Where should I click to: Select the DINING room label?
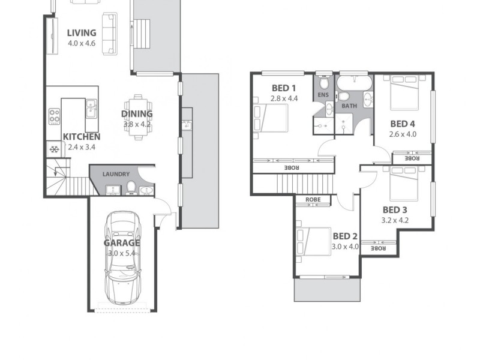(x=137, y=113)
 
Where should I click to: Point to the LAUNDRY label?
(x=116, y=174)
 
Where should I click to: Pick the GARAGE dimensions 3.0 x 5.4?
(x=122, y=253)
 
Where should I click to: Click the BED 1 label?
(x=283, y=87)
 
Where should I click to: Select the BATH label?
(x=349, y=106)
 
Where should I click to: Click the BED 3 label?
(x=395, y=209)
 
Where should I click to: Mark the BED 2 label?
(x=345, y=236)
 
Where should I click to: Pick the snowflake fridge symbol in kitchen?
(x=53, y=149)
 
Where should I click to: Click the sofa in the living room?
(x=109, y=35)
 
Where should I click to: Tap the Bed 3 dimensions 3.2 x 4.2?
(x=395, y=220)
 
